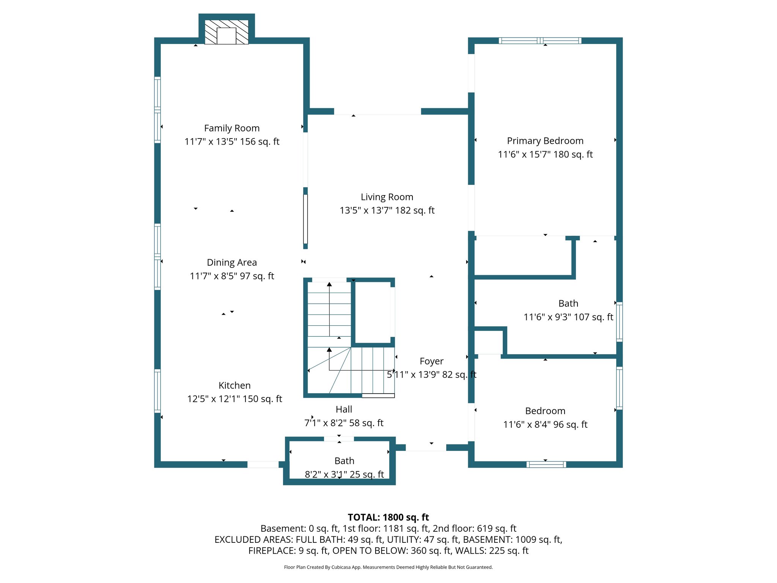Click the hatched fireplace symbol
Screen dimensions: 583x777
tap(226, 32)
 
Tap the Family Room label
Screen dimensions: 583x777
tap(232, 128)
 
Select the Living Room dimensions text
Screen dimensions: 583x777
tap(387, 210)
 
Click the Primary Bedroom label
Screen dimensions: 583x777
tap(545, 141)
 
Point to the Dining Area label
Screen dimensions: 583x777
tap(232, 263)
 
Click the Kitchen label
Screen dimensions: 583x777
tap(234, 386)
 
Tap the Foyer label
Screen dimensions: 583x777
tap(431, 361)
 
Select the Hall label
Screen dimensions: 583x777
tap(344, 410)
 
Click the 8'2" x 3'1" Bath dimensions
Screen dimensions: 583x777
tap(344, 474)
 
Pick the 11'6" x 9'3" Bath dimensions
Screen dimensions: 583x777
tap(568, 317)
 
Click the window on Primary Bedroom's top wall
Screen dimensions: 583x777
tap(540, 41)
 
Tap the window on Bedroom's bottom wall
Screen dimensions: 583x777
tap(546, 465)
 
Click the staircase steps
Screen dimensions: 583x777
tap(329, 315)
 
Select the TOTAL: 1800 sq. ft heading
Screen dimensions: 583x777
tap(388, 517)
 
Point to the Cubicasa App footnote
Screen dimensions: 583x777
tap(388, 567)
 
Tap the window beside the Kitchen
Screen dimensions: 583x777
tap(157, 391)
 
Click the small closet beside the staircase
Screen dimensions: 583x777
tap(373, 312)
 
